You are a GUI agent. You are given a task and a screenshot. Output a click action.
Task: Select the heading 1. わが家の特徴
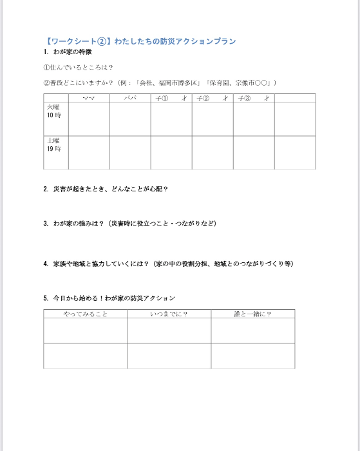point(68,52)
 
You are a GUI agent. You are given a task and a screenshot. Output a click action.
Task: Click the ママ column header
point(89,98)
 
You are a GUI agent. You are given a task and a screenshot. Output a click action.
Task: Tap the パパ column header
point(130,98)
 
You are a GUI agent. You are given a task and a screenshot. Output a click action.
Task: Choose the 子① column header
point(171,98)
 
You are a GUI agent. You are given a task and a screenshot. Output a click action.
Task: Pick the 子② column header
point(213,98)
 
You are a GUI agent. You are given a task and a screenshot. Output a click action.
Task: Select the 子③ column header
point(254,98)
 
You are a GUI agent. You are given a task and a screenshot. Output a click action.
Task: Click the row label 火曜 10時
point(55,111)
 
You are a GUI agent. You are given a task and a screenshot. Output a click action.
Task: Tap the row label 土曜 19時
point(55,144)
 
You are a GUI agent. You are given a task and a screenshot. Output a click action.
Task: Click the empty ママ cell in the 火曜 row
point(89,119)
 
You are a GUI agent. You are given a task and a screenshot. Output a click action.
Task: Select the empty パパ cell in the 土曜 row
point(130,152)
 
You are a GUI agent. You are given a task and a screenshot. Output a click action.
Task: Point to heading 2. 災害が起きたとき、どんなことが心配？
point(106,189)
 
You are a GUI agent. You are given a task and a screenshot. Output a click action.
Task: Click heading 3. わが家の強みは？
point(129,224)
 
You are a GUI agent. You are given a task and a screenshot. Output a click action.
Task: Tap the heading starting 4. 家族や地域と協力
point(167,264)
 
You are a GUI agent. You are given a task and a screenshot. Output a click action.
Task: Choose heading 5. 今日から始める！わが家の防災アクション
point(109,298)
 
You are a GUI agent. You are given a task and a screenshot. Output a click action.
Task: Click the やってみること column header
point(85,314)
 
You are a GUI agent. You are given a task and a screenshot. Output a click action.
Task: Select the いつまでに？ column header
point(169,314)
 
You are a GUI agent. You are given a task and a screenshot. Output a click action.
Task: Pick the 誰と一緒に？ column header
point(252,314)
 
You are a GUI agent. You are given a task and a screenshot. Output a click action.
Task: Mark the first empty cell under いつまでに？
point(169,331)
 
